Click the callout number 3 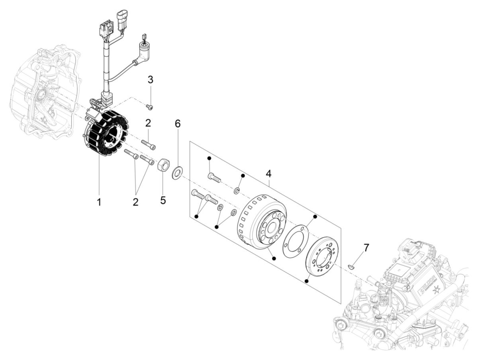pyautogui.click(x=150, y=80)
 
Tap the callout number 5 pyautogui.click(x=163, y=200)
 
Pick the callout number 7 pyautogui.click(x=366, y=248)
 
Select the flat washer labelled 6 pyautogui.click(x=176, y=174)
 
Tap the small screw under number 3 pyautogui.click(x=150, y=106)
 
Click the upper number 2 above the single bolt pyautogui.click(x=148, y=123)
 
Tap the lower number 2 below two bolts pyautogui.click(x=135, y=202)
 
